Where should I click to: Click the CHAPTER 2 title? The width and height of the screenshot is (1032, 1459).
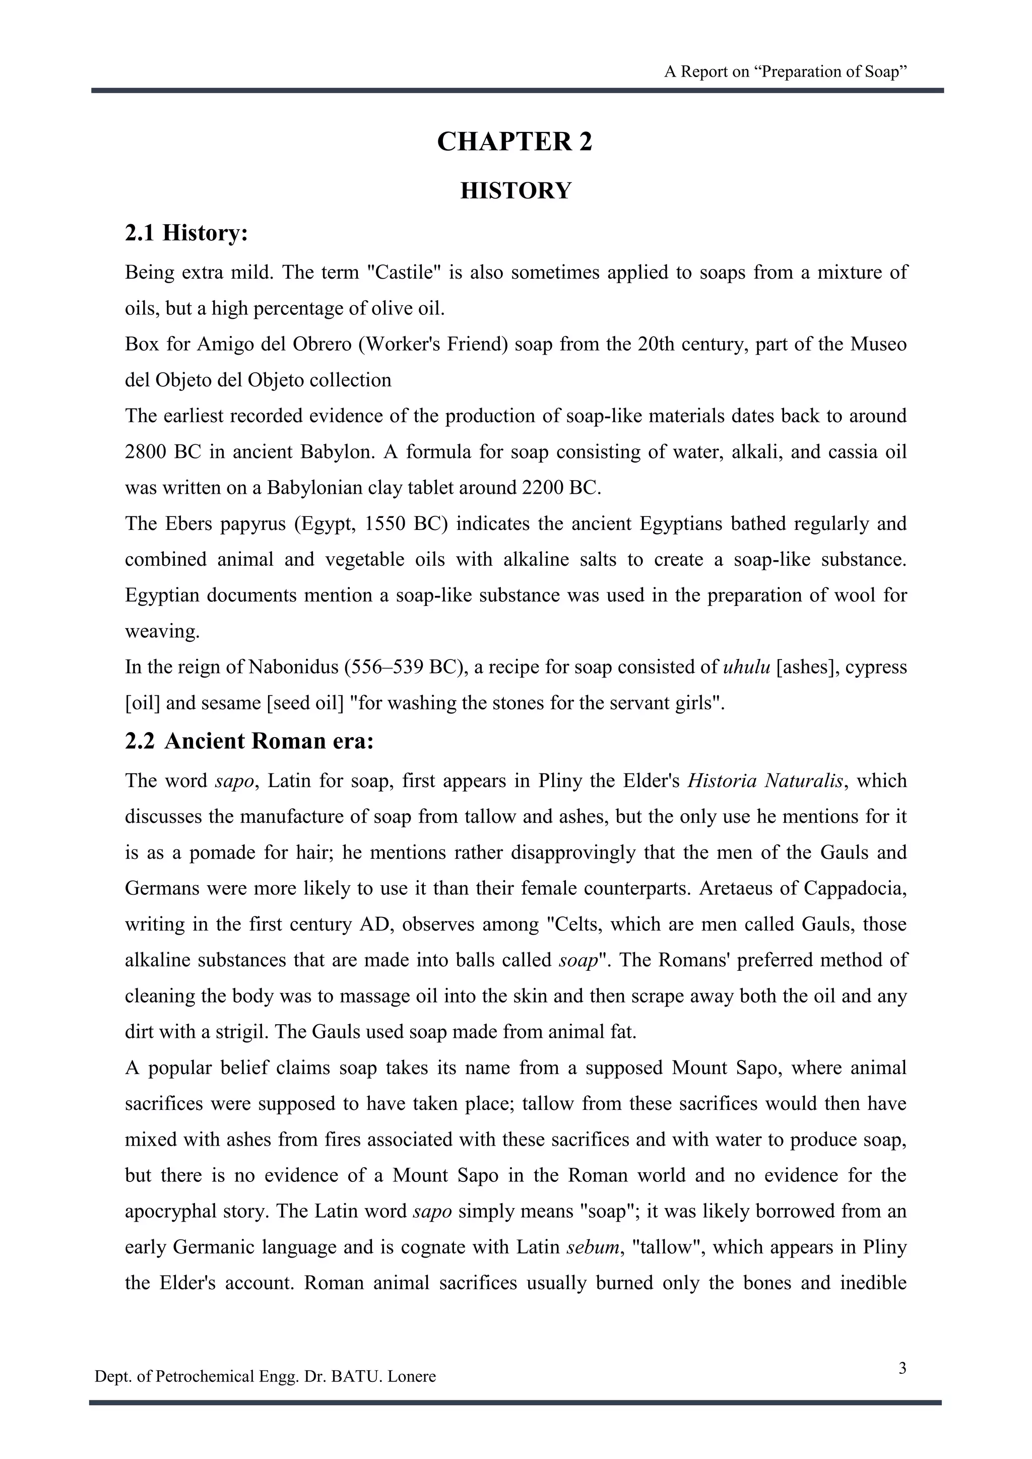pos(514,141)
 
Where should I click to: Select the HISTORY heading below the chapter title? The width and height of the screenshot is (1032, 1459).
pos(515,190)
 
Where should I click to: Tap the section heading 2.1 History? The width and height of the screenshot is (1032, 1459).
pos(186,233)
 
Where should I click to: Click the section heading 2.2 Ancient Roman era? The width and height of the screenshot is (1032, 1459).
pos(249,742)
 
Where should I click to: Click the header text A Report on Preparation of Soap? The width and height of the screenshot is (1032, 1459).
pos(786,72)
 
